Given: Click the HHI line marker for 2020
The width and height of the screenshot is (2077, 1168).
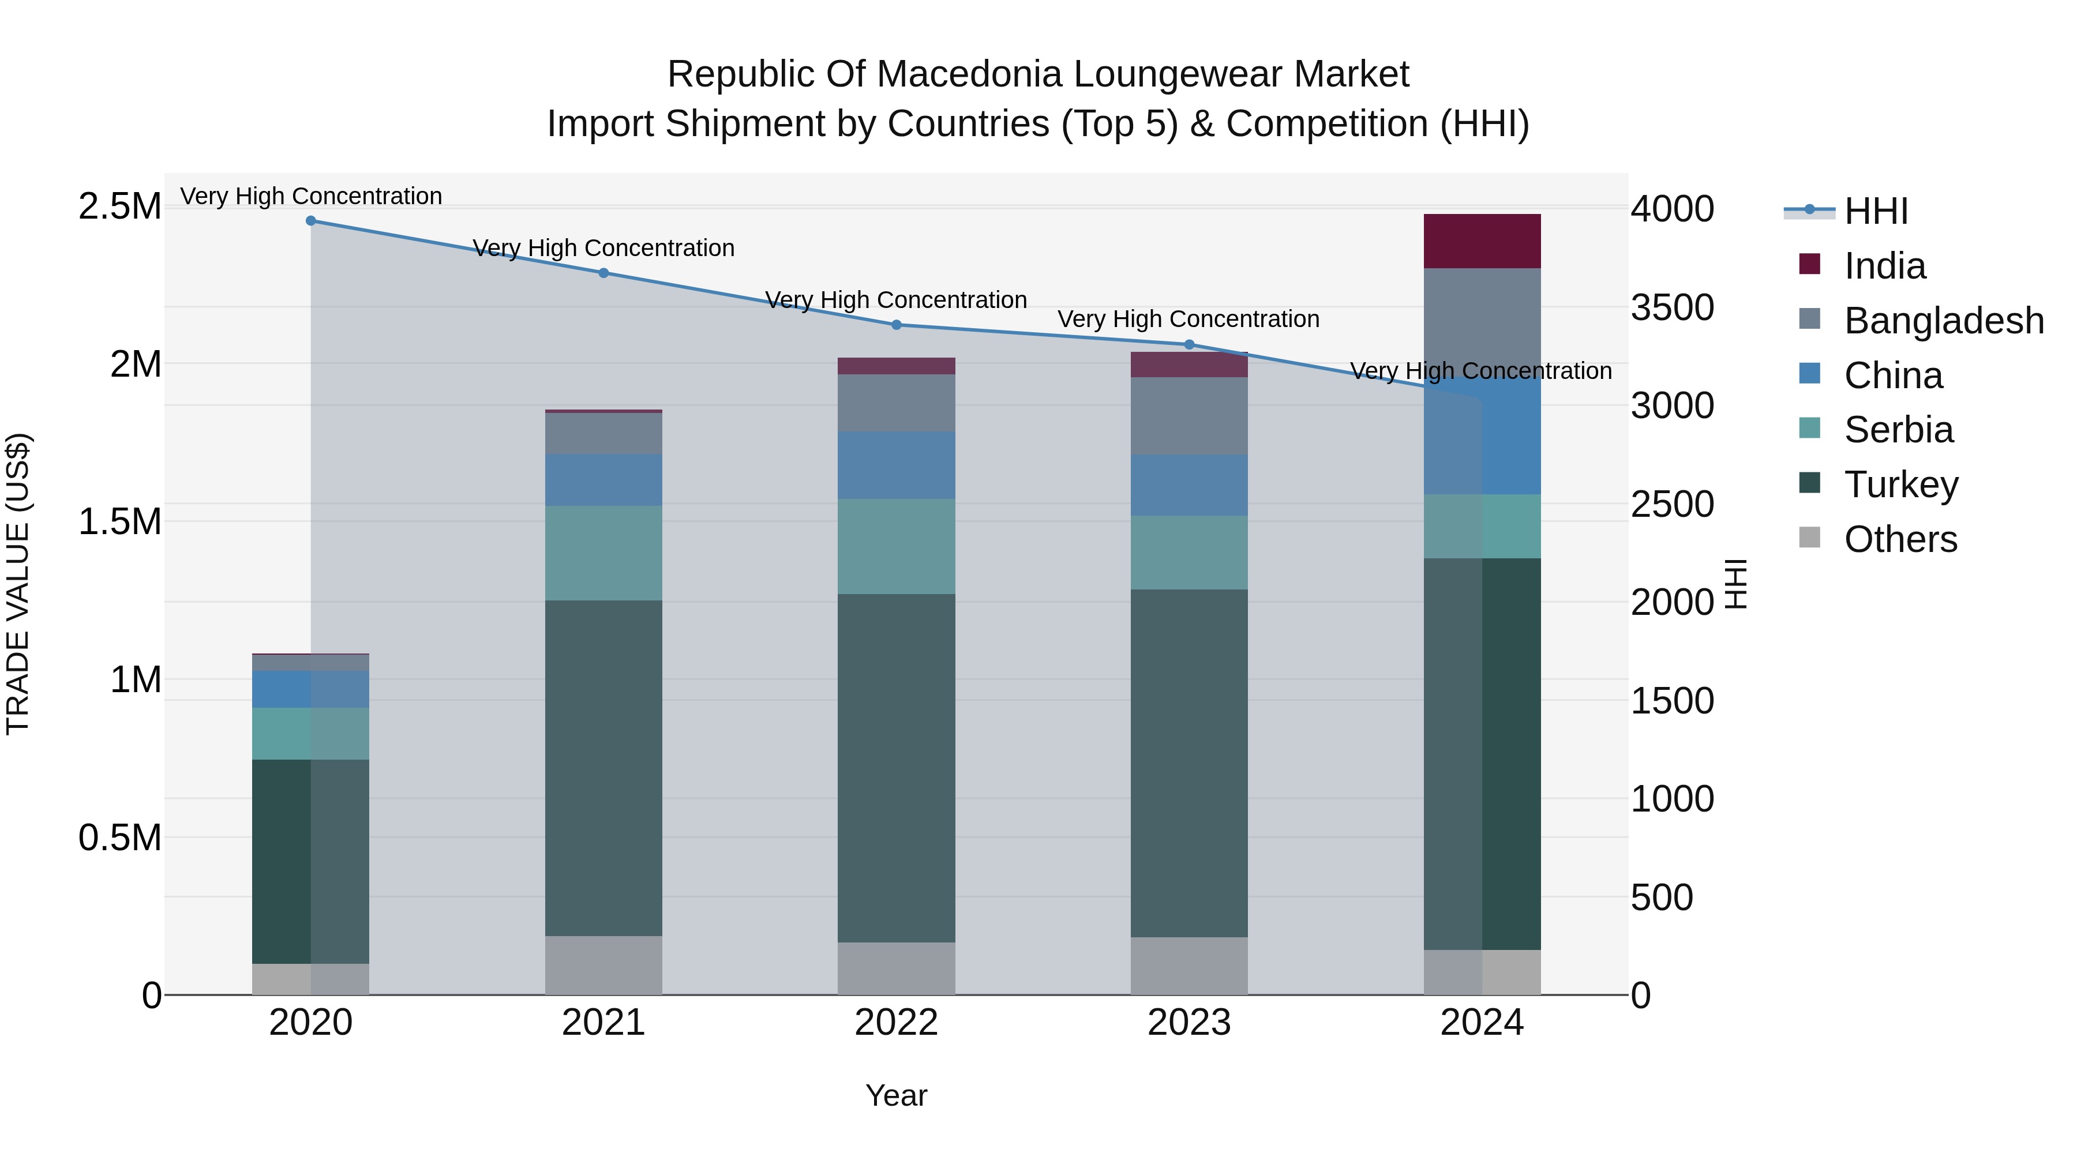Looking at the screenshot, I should pos(311,221).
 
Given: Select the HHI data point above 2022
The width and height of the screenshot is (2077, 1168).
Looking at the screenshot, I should pos(897,325).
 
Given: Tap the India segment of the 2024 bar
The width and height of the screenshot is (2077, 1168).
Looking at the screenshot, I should pos(1482,241).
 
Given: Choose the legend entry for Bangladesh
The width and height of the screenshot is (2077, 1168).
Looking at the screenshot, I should pos(1943,321).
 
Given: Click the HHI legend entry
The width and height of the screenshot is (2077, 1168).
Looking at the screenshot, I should pos(1876,211).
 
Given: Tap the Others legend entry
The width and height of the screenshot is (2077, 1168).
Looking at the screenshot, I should pos(1900,539).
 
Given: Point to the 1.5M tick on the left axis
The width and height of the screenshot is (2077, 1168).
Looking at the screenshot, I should pos(119,521).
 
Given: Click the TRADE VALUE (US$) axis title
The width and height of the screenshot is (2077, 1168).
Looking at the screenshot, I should pos(18,584).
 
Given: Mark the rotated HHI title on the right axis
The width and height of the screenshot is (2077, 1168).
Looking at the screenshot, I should pos(1735,584).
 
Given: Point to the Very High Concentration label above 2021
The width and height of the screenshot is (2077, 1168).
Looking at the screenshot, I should pos(604,248).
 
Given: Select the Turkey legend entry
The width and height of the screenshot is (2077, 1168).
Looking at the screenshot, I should pos(1900,485).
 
